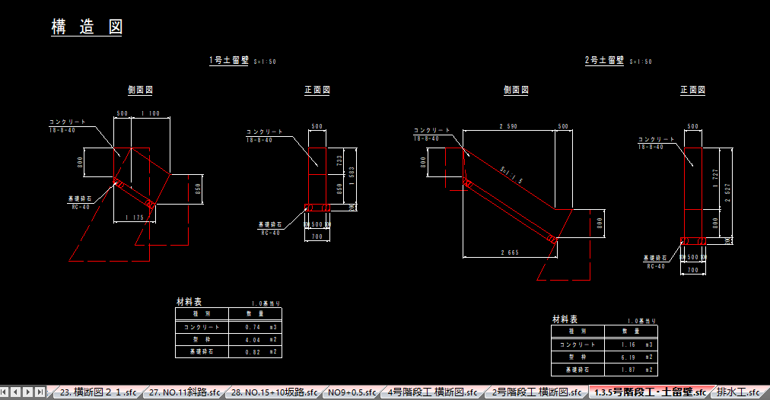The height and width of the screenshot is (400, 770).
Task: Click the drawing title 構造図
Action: pyautogui.click(x=86, y=27)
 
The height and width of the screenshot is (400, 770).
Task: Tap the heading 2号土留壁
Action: pyautogui.click(x=604, y=60)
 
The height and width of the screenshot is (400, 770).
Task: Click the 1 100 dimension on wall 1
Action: pyautogui.click(x=151, y=114)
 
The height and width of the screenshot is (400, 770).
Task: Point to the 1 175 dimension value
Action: pyautogui.click(x=134, y=218)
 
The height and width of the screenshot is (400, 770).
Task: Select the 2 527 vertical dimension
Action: pyautogui.click(x=728, y=189)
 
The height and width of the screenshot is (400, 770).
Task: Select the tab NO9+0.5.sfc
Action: pyautogui.click(x=352, y=392)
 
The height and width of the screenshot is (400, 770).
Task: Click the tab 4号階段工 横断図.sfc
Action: pyautogui.click(x=432, y=392)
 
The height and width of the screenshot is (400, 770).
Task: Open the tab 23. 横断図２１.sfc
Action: pyautogui.click(x=97, y=392)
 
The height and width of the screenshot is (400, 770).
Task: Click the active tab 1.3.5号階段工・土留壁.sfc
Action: pyautogui.click(x=649, y=392)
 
